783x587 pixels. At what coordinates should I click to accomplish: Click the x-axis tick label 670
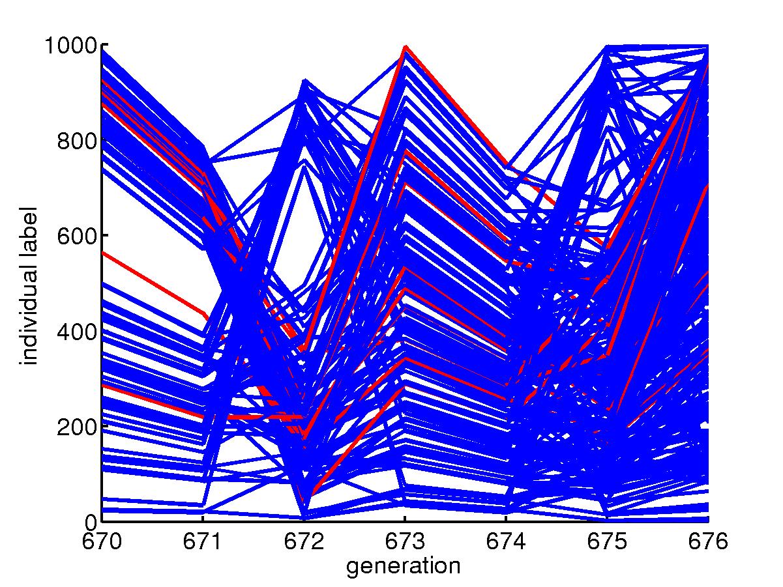coord(102,541)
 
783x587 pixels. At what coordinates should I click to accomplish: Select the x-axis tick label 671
coord(203,541)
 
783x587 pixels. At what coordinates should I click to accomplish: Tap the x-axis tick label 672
coord(304,541)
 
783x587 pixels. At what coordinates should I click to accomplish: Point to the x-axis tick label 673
coord(405,541)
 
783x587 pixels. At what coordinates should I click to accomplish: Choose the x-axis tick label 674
coord(506,541)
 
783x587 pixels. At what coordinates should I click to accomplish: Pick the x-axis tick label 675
coord(607,541)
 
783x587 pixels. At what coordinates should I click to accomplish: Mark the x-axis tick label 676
coord(708,541)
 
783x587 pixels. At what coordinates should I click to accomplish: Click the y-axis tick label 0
coord(90,521)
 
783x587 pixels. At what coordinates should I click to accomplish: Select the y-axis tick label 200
coord(77,426)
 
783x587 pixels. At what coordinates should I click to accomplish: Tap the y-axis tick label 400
coord(77,331)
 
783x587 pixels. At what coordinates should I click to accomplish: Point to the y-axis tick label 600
coord(77,235)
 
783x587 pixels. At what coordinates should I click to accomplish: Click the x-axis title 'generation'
coord(404,566)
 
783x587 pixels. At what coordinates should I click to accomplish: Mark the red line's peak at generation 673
coord(405,47)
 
